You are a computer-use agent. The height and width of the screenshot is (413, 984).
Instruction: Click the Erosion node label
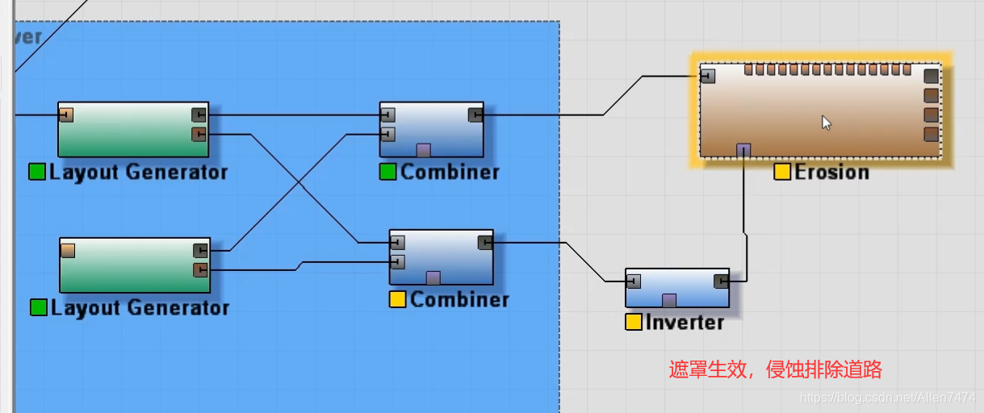pyautogui.click(x=831, y=172)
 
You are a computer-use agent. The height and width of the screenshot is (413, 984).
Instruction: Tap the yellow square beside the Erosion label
pyautogui.click(x=781, y=172)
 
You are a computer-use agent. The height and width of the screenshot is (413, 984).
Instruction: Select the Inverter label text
pyautogui.click(x=685, y=323)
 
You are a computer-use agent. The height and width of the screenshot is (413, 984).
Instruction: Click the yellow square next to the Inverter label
pyautogui.click(x=634, y=323)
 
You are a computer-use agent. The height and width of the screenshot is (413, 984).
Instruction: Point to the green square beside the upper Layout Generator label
pyautogui.click(x=37, y=172)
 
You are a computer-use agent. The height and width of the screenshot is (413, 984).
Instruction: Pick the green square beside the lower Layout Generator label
pyautogui.click(x=38, y=307)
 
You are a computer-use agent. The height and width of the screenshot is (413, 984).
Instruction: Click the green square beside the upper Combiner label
pyautogui.click(x=388, y=172)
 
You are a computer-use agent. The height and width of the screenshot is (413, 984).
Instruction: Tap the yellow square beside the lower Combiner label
pyautogui.click(x=397, y=299)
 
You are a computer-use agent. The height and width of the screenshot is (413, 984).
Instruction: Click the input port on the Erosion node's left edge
pyautogui.click(x=708, y=76)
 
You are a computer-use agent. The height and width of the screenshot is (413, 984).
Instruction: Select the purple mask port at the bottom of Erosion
pyautogui.click(x=743, y=150)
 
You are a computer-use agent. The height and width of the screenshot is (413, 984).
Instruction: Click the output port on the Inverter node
pyautogui.click(x=721, y=281)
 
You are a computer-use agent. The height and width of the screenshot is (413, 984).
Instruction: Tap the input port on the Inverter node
pyautogui.click(x=634, y=281)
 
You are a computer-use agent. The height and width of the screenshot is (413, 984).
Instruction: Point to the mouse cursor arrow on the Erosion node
pyautogui.click(x=826, y=123)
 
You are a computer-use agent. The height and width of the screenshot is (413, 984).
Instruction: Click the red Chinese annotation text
pyautogui.click(x=775, y=370)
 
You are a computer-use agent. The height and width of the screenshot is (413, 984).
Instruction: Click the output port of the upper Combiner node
pyautogui.click(x=475, y=115)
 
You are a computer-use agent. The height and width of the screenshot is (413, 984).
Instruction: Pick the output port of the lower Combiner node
pyautogui.click(x=485, y=242)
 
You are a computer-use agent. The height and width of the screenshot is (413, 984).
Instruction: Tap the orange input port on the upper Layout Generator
pyautogui.click(x=66, y=115)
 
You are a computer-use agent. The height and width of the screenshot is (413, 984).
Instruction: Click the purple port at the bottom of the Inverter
pyautogui.click(x=668, y=301)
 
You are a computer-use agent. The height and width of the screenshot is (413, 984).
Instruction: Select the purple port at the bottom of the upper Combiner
pyautogui.click(x=423, y=150)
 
